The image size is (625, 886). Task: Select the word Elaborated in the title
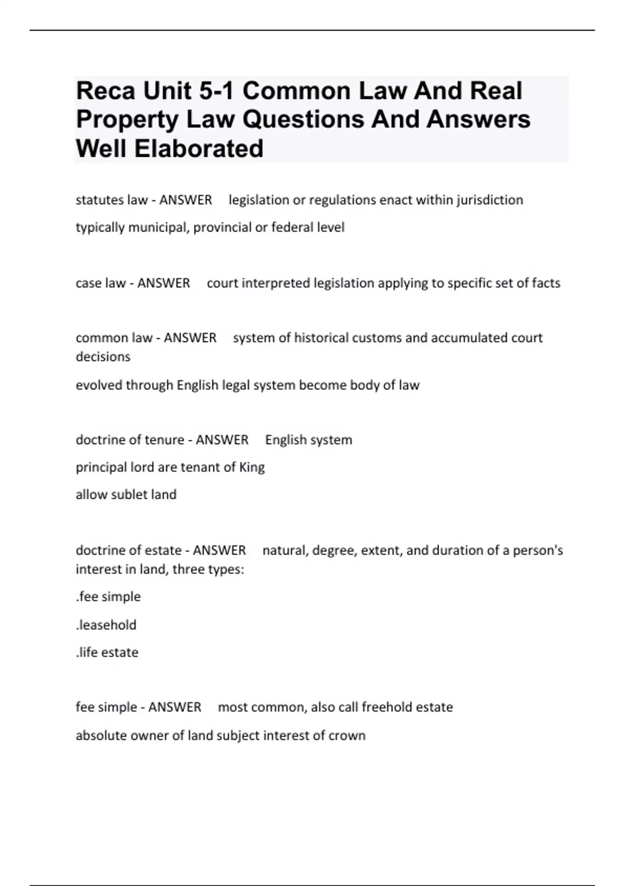tap(198, 149)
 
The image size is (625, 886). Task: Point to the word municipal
tap(158, 228)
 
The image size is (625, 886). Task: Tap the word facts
tap(546, 283)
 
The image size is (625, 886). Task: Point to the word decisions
tap(103, 357)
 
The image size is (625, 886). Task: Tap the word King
tap(252, 467)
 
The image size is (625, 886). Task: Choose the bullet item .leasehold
tap(106, 625)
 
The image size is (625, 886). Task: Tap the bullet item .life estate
tap(107, 653)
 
